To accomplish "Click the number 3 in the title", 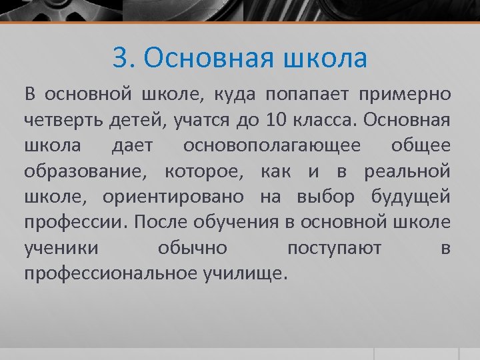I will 121,59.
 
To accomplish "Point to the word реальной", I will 407,171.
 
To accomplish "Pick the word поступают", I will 334,248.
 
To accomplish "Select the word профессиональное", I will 110,273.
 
